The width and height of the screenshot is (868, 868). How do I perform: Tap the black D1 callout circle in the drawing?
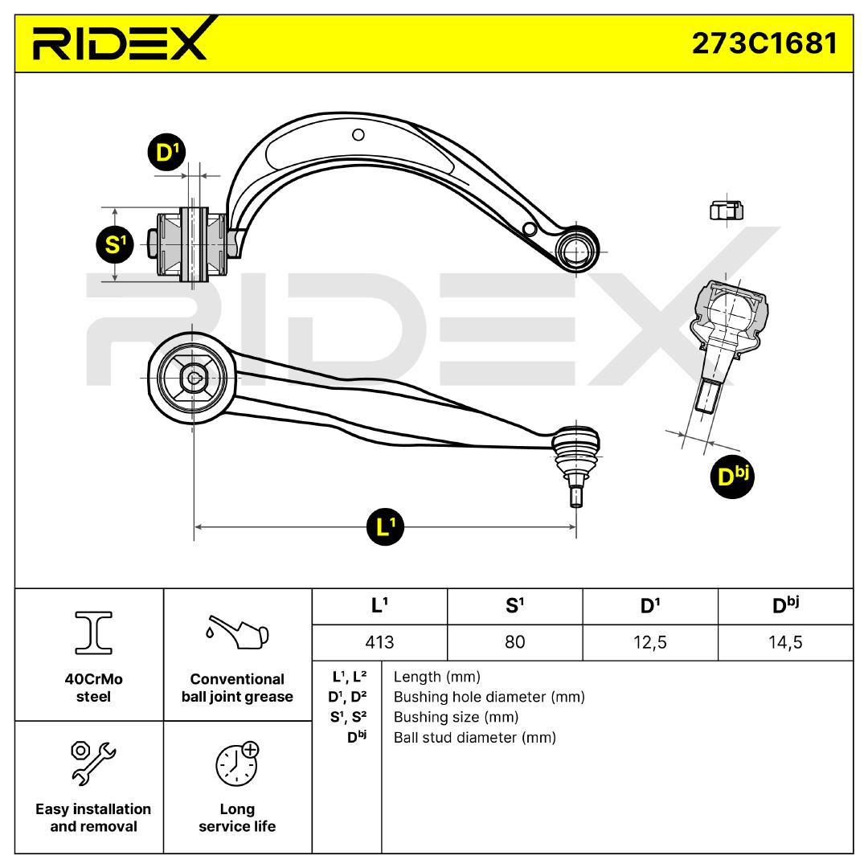tap(166, 153)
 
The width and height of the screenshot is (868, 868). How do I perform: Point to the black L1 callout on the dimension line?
tap(384, 527)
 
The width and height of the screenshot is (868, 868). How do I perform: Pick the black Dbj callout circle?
tap(731, 477)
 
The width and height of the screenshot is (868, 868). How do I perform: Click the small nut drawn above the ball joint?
tap(726, 210)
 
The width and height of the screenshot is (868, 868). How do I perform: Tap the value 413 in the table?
tap(379, 642)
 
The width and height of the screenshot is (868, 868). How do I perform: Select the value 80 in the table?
tap(514, 642)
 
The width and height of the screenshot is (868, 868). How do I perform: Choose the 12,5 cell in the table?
tap(649, 642)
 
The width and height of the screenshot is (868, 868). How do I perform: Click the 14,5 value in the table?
tap(785, 642)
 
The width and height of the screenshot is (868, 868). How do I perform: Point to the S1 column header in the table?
tap(514, 607)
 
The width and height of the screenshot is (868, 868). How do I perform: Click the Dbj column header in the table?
tap(785, 607)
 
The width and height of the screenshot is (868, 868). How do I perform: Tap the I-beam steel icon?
tap(93, 633)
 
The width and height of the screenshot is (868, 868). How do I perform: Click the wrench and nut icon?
tap(93, 762)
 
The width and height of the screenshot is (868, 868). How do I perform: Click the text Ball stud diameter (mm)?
tap(474, 737)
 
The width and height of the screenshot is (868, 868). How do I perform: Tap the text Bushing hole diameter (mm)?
tap(489, 697)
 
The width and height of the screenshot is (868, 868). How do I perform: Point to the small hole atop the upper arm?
tap(358, 135)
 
